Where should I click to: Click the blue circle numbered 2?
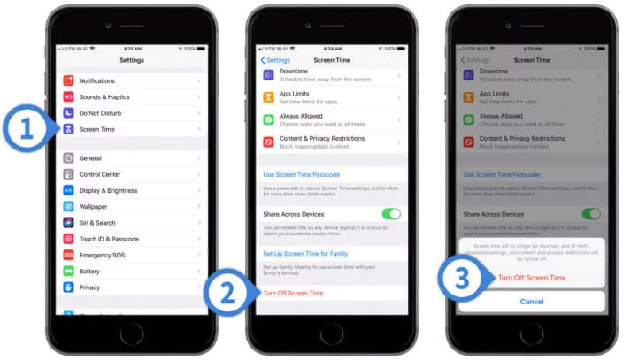tap(227, 294)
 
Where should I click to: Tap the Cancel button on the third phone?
tap(531, 301)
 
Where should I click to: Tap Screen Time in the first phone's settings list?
tap(96, 129)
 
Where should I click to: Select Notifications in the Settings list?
tap(96, 80)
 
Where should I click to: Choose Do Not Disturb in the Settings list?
tap(100, 113)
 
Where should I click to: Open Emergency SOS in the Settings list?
tap(101, 255)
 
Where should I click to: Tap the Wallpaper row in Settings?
tap(93, 206)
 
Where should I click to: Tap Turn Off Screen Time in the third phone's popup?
tap(531, 278)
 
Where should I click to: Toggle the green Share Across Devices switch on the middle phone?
tap(390, 214)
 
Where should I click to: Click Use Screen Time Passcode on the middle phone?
tap(301, 175)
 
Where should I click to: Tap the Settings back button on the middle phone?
tap(274, 60)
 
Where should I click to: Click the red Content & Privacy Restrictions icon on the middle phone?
tap(268, 142)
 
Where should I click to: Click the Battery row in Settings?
tap(89, 271)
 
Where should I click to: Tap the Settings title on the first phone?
tap(131, 60)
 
